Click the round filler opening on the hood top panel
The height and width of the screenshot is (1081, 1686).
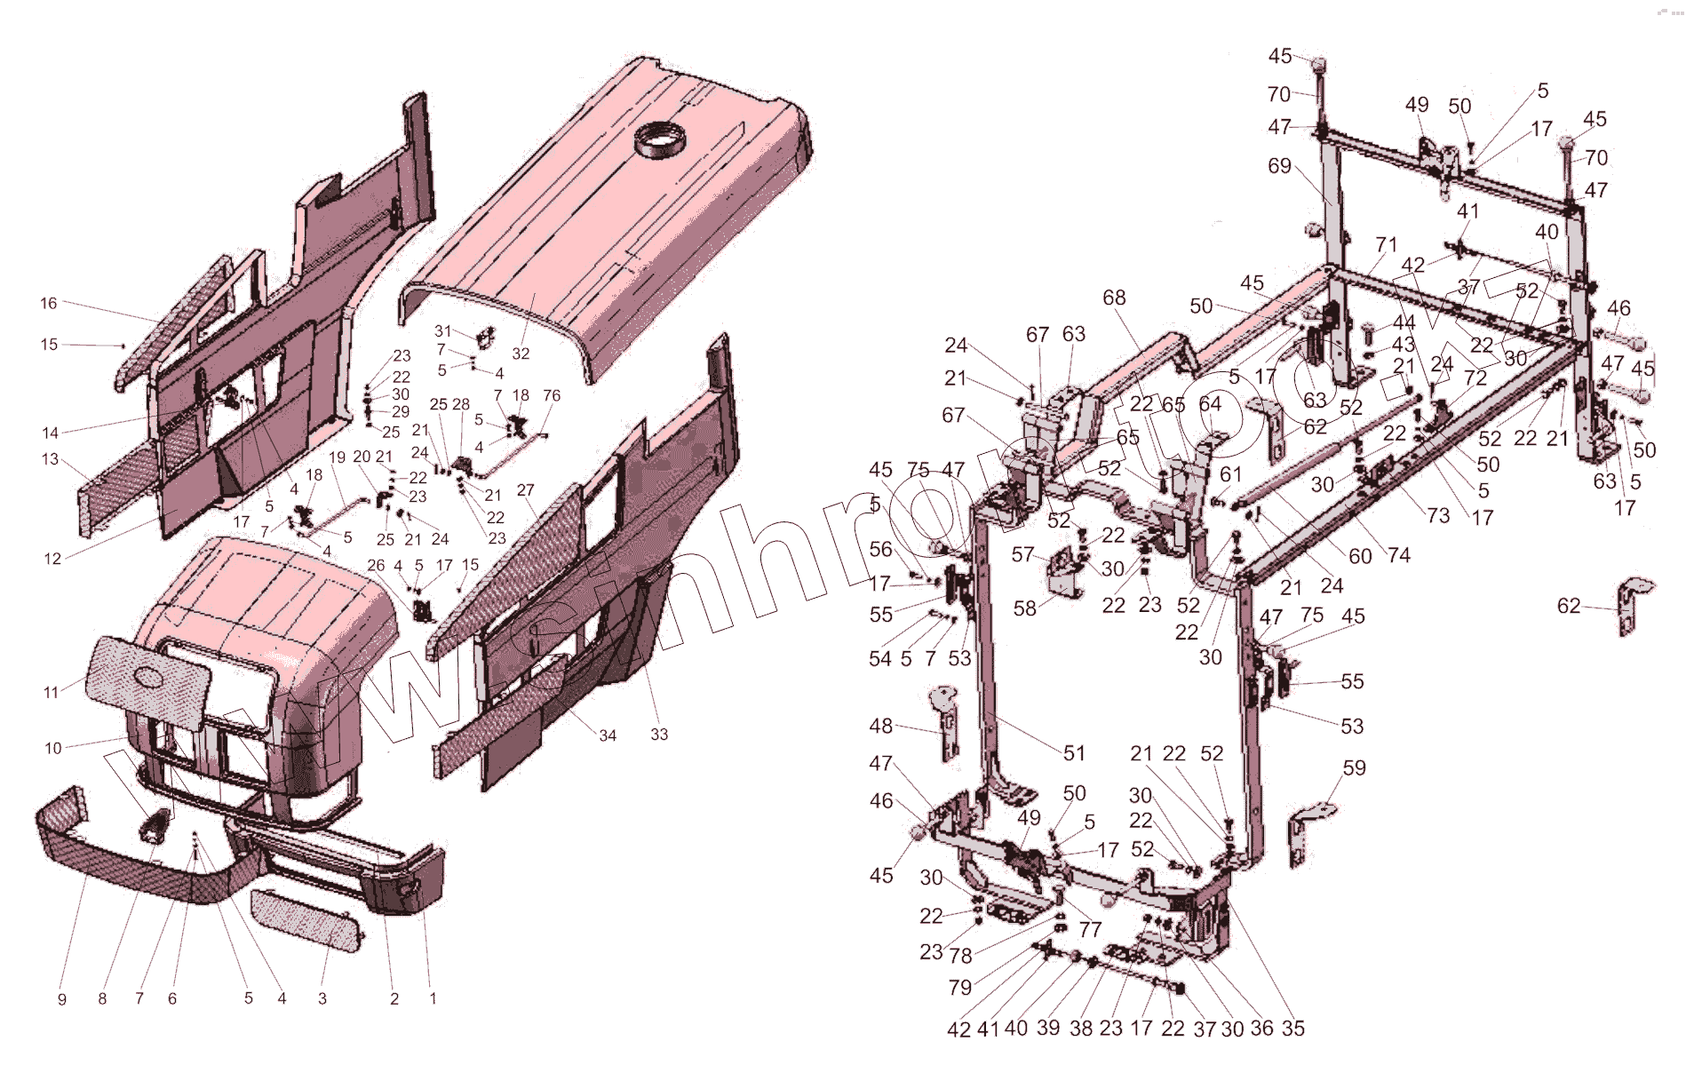pos(661,141)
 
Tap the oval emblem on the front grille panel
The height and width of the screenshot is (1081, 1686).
pos(149,678)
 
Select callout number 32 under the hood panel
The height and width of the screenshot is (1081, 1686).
pos(521,354)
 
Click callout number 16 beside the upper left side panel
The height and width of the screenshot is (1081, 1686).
pos(49,304)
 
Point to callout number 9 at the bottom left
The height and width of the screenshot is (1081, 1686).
pos(61,999)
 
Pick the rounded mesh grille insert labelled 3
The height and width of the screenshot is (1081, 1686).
pos(307,920)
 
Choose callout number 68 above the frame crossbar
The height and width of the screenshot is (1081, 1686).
pos(1114,298)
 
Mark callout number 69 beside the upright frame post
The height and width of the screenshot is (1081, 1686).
pos(1279,166)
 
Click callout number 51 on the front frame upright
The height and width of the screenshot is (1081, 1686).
pos(1074,753)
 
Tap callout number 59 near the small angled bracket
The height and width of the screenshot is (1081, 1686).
pos(1354,767)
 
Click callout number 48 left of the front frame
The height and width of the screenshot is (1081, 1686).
pos(880,726)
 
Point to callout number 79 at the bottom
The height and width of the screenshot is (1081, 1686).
pos(959,987)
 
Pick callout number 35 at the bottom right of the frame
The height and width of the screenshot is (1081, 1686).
pos(1293,1028)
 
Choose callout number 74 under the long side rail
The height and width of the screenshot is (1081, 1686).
pos(1399,555)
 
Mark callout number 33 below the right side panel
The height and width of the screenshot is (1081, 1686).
pos(659,735)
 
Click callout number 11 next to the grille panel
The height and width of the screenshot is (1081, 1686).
pos(51,692)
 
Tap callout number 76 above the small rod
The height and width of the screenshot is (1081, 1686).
pos(552,395)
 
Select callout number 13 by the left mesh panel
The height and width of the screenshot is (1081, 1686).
pos(50,459)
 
